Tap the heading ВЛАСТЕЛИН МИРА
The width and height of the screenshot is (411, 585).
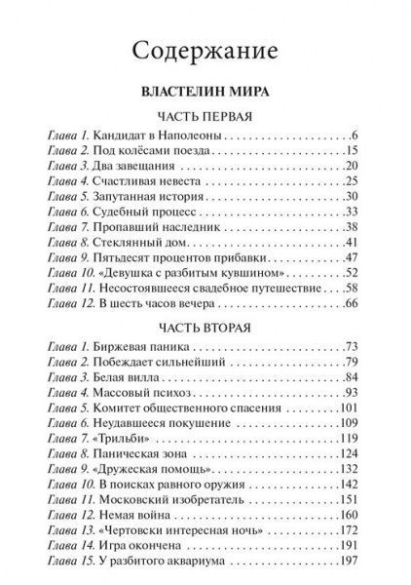pyautogui.click(x=205, y=96)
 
